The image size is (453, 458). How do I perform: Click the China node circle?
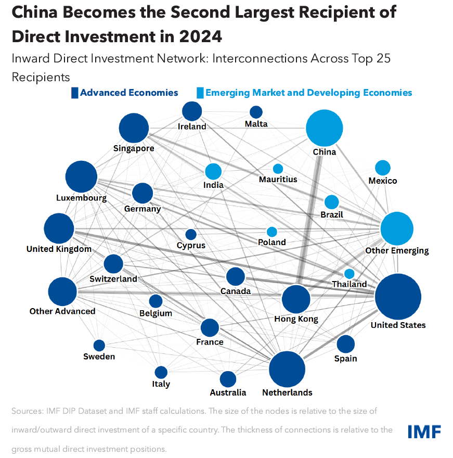tap(325, 128)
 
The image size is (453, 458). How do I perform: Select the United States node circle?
tap(398, 297)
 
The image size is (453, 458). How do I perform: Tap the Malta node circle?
tap(256, 112)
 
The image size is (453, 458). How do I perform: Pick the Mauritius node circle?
tap(278, 169)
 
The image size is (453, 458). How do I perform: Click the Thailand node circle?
tap(350, 274)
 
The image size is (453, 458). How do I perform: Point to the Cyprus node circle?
tap(191, 235)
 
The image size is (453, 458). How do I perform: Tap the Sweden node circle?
tap(99, 345)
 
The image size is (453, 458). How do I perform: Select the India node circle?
tap(213, 171)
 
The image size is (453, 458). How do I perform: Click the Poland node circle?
tap(271, 232)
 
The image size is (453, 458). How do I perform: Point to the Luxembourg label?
tap(82, 198)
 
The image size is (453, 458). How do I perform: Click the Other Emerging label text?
tap(397, 251)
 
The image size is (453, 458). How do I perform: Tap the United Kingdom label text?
tap(59, 249)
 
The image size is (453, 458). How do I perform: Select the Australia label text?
tap(228, 392)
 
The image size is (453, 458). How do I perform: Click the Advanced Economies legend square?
tap(74, 93)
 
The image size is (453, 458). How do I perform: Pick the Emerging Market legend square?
tap(200, 93)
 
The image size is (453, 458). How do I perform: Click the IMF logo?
tap(424, 431)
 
